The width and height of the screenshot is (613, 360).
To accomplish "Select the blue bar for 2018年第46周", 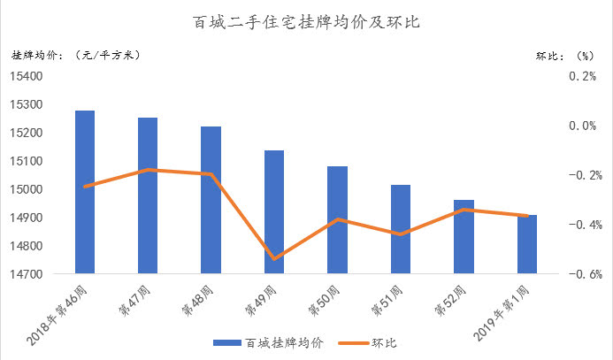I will click(x=85, y=192).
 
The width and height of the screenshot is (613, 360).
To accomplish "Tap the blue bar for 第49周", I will click(x=274, y=212).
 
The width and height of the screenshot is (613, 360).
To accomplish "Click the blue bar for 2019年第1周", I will click(x=527, y=244).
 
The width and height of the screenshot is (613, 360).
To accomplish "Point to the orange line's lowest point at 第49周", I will click(x=274, y=259).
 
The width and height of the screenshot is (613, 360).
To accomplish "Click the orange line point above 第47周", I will click(x=148, y=169).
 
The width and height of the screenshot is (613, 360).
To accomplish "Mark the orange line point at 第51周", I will click(x=401, y=234).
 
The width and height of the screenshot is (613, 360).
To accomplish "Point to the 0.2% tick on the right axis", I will click(x=581, y=76).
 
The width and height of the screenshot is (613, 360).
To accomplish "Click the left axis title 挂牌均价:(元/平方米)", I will click(x=75, y=55).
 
